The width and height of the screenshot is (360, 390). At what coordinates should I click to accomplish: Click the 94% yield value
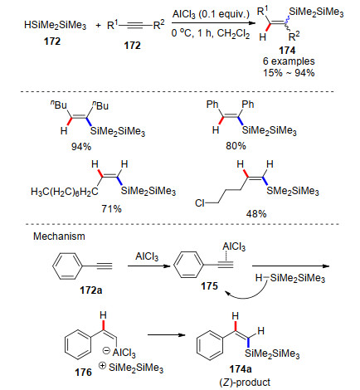(81, 147)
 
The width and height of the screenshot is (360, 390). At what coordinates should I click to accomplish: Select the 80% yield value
(236, 146)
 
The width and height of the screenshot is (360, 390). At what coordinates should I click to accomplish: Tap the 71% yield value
(111, 208)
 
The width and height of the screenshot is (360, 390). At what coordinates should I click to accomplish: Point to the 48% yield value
(256, 213)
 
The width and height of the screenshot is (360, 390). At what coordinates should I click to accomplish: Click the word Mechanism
(59, 236)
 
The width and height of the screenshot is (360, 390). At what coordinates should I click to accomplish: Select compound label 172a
(91, 290)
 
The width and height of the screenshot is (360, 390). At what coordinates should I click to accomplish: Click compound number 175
(209, 285)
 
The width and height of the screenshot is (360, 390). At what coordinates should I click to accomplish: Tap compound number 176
(83, 373)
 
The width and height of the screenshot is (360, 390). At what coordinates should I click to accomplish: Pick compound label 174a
(241, 369)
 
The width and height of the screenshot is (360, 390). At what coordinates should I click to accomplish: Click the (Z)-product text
(245, 383)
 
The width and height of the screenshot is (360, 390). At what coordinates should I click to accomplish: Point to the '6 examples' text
(289, 61)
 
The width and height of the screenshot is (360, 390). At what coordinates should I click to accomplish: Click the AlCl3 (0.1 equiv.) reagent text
(211, 14)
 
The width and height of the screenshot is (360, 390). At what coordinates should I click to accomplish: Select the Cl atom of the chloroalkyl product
(200, 203)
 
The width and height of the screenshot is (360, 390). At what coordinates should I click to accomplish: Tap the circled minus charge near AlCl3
(106, 351)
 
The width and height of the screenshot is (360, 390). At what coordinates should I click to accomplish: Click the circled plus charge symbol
(102, 366)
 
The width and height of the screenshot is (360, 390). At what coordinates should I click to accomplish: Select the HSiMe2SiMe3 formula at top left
(56, 25)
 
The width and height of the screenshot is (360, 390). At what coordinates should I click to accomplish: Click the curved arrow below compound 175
(246, 293)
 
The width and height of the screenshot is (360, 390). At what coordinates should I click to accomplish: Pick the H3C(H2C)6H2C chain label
(65, 192)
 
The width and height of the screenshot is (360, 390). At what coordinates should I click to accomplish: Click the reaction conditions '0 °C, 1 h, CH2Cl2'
(211, 33)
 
